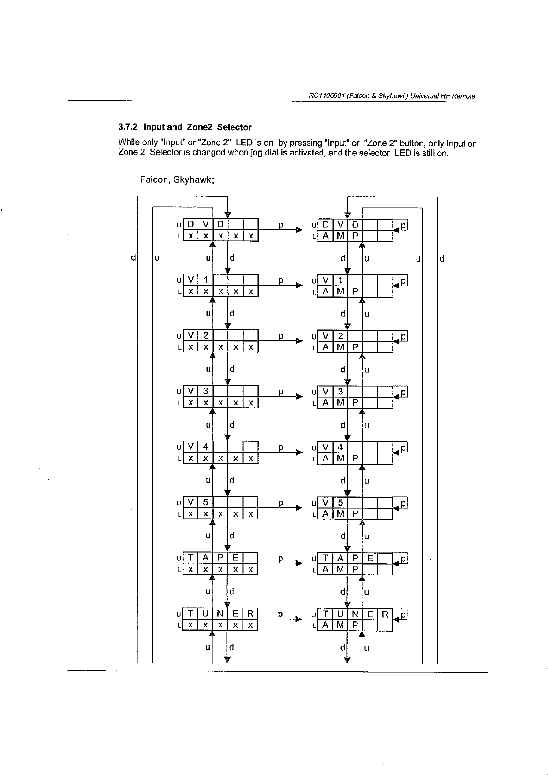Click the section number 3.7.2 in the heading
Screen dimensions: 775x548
[x=129, y=127]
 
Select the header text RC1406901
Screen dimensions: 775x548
[x=327, y=96]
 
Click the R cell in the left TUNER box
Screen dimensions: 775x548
[x=250, y=614]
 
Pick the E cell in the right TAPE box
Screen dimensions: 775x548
[x=370, y=558]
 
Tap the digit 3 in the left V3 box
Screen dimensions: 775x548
[x=206, y=391]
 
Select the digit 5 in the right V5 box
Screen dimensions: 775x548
[x=340, y=503]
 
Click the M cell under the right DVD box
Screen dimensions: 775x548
[x=340, y=236]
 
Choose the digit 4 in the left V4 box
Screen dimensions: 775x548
[x=206, y=447]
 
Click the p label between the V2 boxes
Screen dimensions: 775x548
[x=280, y=336]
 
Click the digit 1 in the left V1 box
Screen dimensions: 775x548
[x=206, y=280]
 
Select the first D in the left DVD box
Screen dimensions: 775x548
[x=191, y=225]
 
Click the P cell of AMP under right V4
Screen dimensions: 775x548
[x=355, y=459]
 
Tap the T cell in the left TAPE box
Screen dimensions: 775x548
[x=191, y=558]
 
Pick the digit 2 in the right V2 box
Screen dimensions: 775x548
[x=340, y=336]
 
